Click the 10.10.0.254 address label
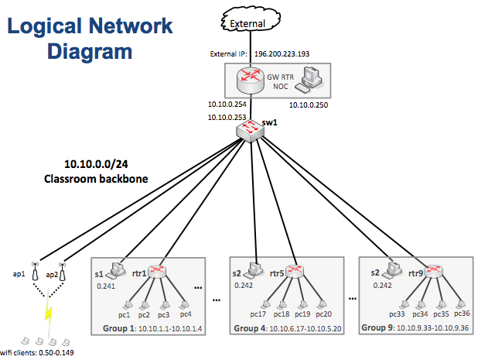point(227,103)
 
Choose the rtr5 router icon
point(295,272)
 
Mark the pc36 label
point(462,313)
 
